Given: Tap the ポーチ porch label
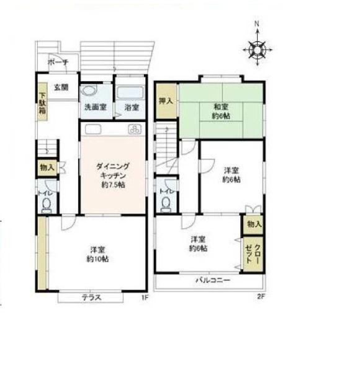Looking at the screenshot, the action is tap(58, 62).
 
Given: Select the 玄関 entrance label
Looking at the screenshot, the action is tap(61, 87).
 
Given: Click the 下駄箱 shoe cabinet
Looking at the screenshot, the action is tap(42, 102).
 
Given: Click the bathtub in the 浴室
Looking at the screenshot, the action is tap(130, 92).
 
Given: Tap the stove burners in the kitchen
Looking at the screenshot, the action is tap(135, 130).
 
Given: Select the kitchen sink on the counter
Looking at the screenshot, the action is tap(93, 130).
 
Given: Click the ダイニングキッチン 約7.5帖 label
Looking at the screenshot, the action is tap(113, 175).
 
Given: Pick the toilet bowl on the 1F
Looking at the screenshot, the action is tap(46, 205).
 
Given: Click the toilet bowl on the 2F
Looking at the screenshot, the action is tap(166, 205).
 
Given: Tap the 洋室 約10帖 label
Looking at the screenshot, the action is tap(97, 254).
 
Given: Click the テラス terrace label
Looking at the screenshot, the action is tap(91, 298).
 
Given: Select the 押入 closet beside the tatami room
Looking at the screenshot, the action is tap(166, 101).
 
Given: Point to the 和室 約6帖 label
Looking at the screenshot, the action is tap(221, 111).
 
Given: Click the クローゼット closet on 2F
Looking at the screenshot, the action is tap(253, 254).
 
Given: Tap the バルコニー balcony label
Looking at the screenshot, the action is tap(213, 280).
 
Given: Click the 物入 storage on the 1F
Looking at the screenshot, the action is tap(48, 168).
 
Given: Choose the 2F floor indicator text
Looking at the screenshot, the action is tap(261, 296).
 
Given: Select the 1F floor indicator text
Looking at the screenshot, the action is tap(145, 298).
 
